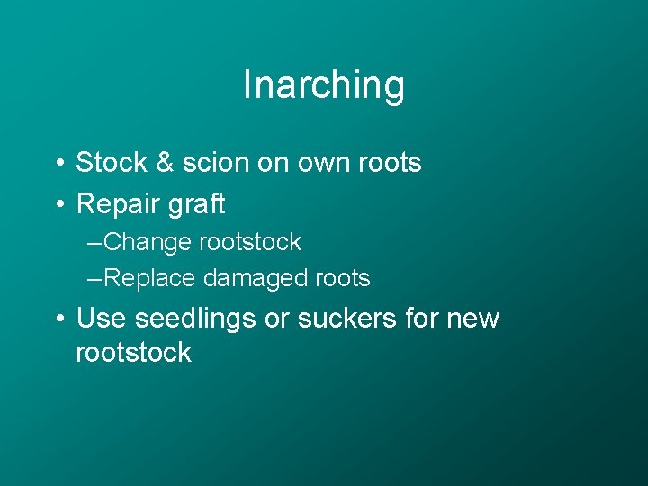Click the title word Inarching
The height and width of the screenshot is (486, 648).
pos(324,86)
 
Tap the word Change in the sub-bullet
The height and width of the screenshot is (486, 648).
pos(148,243)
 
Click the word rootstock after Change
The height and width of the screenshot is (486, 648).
pos(250,243)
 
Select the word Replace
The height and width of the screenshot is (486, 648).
pos(149,279)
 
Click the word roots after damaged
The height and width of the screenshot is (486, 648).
pos(340,279)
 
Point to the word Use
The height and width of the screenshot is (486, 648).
pos(98,319)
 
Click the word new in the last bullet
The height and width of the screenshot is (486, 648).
pos(472,319)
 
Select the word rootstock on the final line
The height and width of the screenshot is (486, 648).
pos(133,352)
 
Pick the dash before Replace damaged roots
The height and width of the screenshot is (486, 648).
pos(94,279)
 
